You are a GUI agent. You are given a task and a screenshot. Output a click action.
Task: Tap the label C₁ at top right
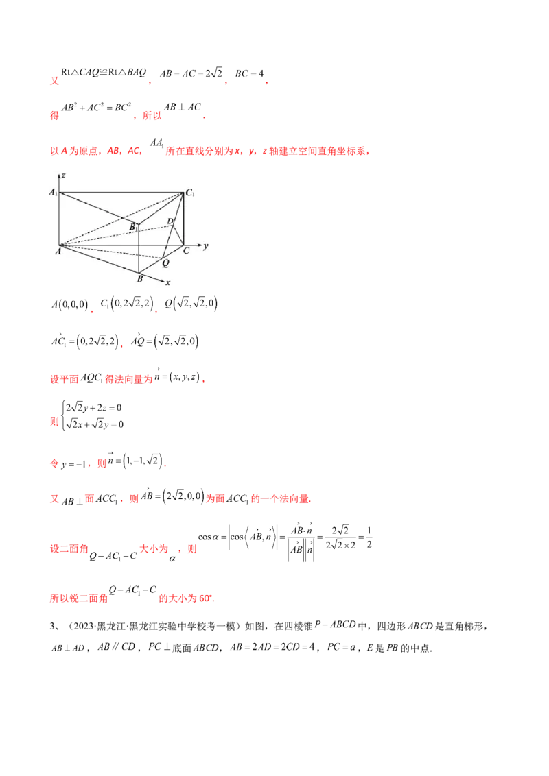click(x=191, y=193)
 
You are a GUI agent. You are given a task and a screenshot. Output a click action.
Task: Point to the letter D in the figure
click(x=170, y=221)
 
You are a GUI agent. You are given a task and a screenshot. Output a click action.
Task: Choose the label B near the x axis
click(x=139, y=279)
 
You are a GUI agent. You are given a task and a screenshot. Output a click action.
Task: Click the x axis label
click(x=167, y=282)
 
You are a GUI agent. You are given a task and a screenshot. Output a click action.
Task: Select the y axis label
click(x=205, y=245)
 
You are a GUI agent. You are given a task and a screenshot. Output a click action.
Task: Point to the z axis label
click(x=63, y=176)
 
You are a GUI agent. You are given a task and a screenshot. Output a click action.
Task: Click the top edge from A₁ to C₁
click(x=120, y=193)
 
